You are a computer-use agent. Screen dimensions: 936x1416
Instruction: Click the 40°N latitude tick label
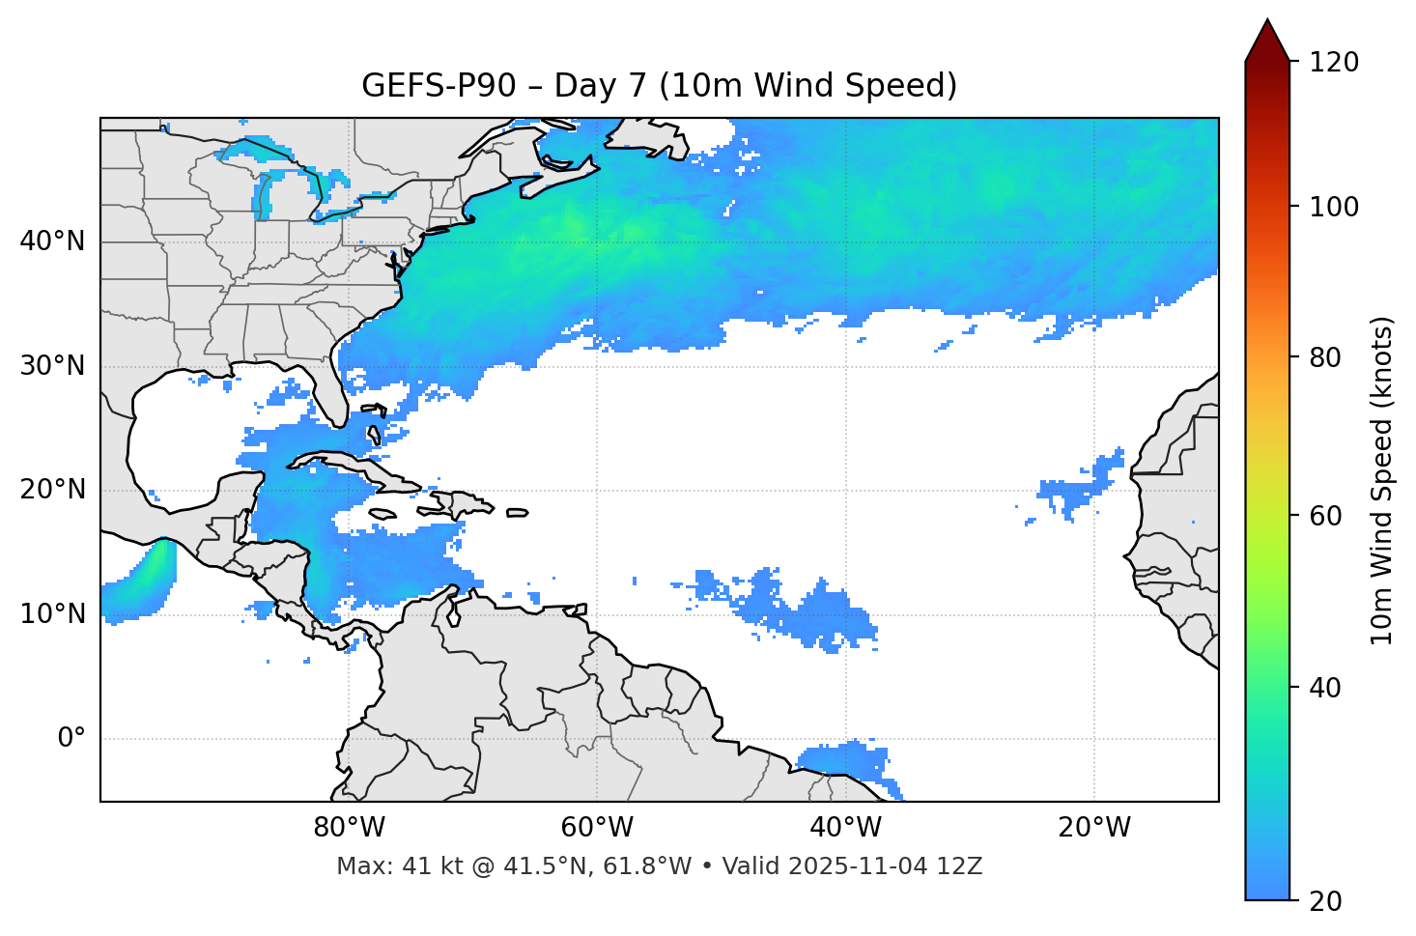(52, 241)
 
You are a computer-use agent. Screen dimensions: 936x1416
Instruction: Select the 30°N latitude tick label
(52, 366)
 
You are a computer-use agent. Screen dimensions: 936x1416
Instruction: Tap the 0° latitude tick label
(71, 739)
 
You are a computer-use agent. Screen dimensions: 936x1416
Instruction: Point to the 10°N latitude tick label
(52, 614)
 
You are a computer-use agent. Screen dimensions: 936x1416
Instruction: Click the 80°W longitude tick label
(349, 828)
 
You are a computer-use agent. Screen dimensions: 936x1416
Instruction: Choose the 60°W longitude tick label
(597, 828)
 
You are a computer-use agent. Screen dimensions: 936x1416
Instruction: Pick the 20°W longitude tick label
(1094, 828)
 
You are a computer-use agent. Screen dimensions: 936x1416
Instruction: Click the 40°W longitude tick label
(845, 828)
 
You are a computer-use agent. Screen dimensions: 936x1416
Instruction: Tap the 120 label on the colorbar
(1332, 63)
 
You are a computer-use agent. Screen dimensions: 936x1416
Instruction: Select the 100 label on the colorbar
(1332, 207)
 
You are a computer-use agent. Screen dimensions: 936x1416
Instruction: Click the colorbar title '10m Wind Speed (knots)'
(1382, 481)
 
